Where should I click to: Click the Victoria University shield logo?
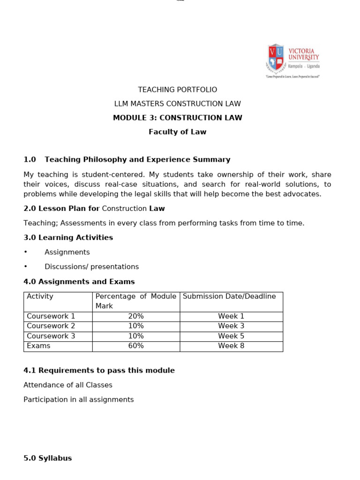pyautogui.click(x=276, y=58)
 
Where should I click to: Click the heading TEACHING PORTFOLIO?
pyautogui.click(x=177, y=90)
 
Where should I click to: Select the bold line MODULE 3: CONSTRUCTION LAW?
pyautogui.click(x=177, y=118)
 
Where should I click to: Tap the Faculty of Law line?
pyautogui.click(x=177, y=132)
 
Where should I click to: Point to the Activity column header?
pyautogui.click(x=40, y=296)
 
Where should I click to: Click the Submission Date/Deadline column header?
pyautogui.click(x=229, y=296)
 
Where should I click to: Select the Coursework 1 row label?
pyautogui.click(x=51, y=316)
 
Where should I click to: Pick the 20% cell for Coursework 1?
pyautogui.click(x=136, y=316)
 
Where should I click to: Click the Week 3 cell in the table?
pyautogui.click(x=231, y=326)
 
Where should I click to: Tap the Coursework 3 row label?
pyautogui.click(x=51, y=336)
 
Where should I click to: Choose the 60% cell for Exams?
pyautogui.click(x=136, y=346)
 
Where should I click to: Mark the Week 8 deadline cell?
pyautogui.click(x=231, y=346)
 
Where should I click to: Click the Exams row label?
pyautogui.click(x=38, y=346)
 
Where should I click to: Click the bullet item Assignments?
pyautogui.click(x=67, y=252)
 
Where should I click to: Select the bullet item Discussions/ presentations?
pyautogui.click(x=91, y=267)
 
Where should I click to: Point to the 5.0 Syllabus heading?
pyautogui.click(x=48, y=458)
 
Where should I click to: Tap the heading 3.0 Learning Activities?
pyautogui.click(x=68, y=238)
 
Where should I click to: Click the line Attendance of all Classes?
pyautogui.click(x=68, y=385)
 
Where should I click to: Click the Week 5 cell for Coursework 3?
pyautogui.click(x=231, y=336)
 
